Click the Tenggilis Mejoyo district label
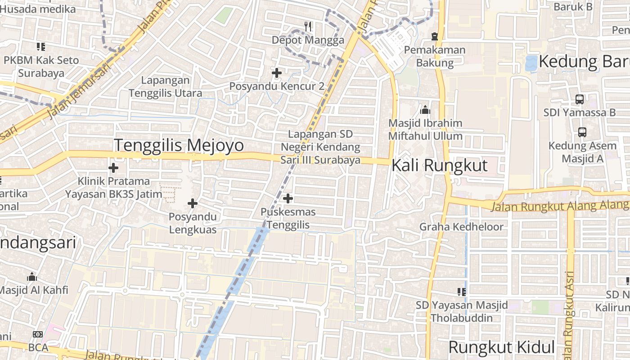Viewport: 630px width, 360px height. (x=179, y=145)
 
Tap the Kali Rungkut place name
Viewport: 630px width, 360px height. (x=439, y=165)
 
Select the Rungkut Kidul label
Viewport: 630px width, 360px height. (x=501, y=347)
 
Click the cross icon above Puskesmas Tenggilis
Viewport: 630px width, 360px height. (x=288, y=198)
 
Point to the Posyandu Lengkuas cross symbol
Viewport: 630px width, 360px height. (x=193, y=203)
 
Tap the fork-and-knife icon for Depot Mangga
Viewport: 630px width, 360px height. (x=308, y=27)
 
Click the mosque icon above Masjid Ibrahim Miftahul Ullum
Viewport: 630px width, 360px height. (x=425, y=109)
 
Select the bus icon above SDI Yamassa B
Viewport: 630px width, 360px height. (x=580, y=99)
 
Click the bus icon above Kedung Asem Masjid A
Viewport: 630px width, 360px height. (x=582, y=132)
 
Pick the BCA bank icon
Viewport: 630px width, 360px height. (x=38, y=334)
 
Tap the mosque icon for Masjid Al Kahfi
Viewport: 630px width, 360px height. (x=32, y=276)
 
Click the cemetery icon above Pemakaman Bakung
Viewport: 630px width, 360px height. (x=434, y=36)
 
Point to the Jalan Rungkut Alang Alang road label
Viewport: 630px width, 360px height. (x=559, y=206)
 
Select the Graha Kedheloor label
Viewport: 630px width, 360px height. (x=461, y=227)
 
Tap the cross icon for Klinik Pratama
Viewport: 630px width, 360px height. (x=113, y=168)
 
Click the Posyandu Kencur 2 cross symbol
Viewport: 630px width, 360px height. (x=277, y=72)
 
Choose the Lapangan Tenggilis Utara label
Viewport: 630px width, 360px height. (x=165, y=87)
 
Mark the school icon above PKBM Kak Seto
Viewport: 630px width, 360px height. (x=41, y=46)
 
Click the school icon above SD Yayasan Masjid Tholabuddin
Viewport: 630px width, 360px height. (x=461, y=292)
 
